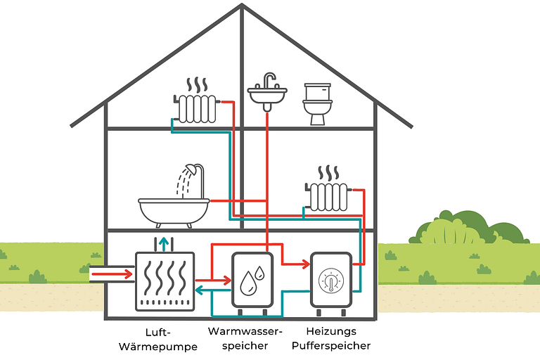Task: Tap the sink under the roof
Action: click(x=268, y=94)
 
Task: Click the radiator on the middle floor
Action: click(x=328, y=195)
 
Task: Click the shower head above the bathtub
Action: click(x=188, y=169)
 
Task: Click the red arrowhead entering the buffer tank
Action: click(x=305, y=264)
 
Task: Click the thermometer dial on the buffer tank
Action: click(x=330, y=281)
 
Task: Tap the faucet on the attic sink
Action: click(x=269, y=79)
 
